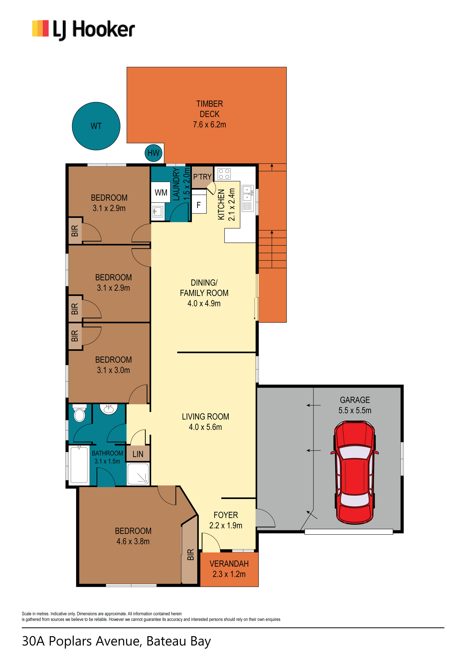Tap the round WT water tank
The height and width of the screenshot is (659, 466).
click(x=96, y=126)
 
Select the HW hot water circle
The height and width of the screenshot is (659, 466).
click(x=154, y=153)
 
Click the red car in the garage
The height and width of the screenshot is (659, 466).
click(x=355, y=472)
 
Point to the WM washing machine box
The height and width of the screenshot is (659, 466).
click(x=161, y=193)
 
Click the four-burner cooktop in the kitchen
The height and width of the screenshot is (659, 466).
click(x=224, y=174)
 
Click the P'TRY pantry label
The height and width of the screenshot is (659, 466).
click(x=202, y=177)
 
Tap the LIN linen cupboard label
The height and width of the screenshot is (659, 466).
click(x=138, y=454)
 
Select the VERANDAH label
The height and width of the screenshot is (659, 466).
click(x=229, y=564)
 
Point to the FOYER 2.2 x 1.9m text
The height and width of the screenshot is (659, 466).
click(x=226, y=520)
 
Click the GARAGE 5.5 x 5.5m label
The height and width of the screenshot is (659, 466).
click(x=355, y=405)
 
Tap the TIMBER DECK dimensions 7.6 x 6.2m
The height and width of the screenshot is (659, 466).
click(x=210, y=125)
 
